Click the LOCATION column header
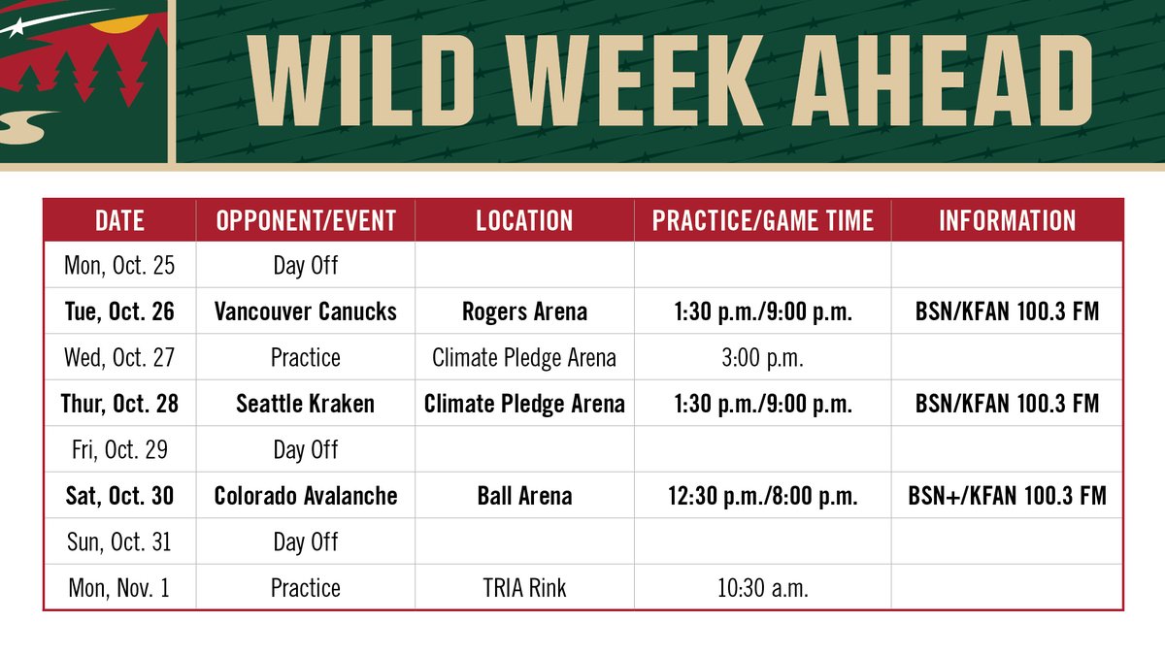click(x=524, y=220)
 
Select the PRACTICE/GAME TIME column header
click(x=762, y=220)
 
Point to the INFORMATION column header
click(x=1007, y=220)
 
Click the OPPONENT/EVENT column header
click(x=306, y=220)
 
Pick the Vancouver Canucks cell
click(x=306, y=311)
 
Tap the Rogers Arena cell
click(x=524, y=311)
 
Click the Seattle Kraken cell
click(x=306, y=404)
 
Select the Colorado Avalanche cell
click(x=306, y=496)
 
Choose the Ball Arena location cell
click(x=524, y=496)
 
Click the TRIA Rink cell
click(x=524, y=588)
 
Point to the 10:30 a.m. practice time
click(x=762, y=588)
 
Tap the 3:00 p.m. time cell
click(x=762, y=357)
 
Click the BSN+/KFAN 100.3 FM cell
click(x=1007, y=496)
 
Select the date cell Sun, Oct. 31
click(x=120, y=541)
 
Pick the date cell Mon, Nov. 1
click(x=120, y=588)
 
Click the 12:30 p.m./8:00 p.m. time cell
click(x=762, y=496)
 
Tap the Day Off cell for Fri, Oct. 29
click(x=306, y=449)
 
